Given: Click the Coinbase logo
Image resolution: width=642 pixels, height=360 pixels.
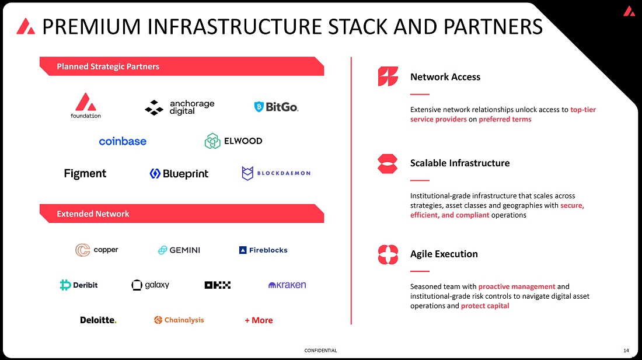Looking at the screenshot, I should [x=123, y=141].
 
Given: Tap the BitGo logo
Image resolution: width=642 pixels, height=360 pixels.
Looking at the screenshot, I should [x=276, y=107].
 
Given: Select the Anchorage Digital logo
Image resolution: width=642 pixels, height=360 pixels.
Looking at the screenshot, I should [x=180, y=107].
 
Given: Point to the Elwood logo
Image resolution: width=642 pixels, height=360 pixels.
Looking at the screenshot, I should [x=233, y=141].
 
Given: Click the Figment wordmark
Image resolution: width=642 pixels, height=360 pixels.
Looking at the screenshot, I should [x=85, y=173].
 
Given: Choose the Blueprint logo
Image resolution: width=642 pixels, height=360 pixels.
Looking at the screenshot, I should [x=179, y=173].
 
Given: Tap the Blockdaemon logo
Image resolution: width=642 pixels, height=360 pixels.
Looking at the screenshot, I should [x=276, y=173].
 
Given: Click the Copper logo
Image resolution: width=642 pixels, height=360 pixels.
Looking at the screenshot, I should [x=97, y=250].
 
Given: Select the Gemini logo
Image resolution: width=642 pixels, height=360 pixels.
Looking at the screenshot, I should [x=179, y=250].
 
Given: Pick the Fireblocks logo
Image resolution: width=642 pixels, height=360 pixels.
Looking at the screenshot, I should [x=263, y=250].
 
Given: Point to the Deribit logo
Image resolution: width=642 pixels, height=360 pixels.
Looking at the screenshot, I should [x=79, y=285].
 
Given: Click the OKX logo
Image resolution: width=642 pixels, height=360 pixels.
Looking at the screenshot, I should [x=218, y=285].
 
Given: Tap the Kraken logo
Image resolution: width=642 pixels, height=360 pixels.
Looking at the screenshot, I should [x=287, y=285].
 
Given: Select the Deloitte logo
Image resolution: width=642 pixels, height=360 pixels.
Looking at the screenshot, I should [x=98, y=320].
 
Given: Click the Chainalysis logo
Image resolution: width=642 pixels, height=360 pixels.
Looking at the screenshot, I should [x=179, y=320].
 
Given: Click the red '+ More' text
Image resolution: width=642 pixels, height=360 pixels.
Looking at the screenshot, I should [x=259, y=320].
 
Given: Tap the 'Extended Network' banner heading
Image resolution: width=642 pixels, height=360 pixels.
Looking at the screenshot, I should [x=93, y=214].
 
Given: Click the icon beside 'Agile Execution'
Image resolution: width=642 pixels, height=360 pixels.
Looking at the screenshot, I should [x=388, y=254].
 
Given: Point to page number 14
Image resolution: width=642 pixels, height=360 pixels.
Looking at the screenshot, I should [x=626, y=351].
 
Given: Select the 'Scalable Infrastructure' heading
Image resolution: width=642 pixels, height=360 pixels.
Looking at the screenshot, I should [x=460, y=163].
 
